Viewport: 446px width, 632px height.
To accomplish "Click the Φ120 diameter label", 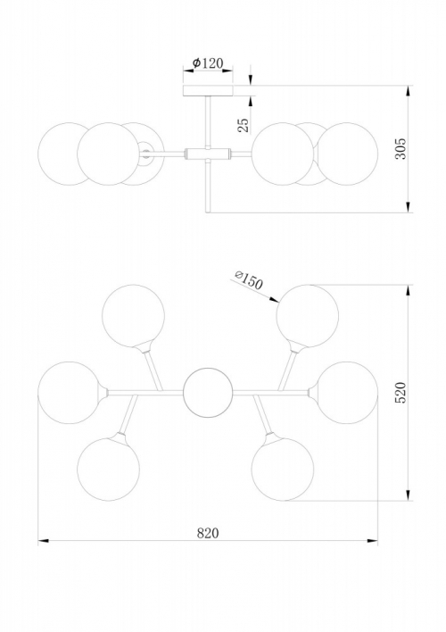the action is pos(208,62).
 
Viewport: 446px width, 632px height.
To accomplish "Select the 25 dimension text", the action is pos(244,125).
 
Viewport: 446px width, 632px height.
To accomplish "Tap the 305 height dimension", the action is pos(401,149).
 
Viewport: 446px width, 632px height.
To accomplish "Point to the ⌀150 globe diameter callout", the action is pos(249,279).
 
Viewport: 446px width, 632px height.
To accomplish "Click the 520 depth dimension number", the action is pos(401,392).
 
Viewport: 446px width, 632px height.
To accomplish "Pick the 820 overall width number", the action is pos(208,533).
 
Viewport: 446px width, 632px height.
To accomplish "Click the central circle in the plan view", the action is pos(208,393).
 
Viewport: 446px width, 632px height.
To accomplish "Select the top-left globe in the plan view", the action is pos(134,316).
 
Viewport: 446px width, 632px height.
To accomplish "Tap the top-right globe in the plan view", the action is pos(308,316).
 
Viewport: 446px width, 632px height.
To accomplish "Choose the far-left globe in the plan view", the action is pos(69,393).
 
